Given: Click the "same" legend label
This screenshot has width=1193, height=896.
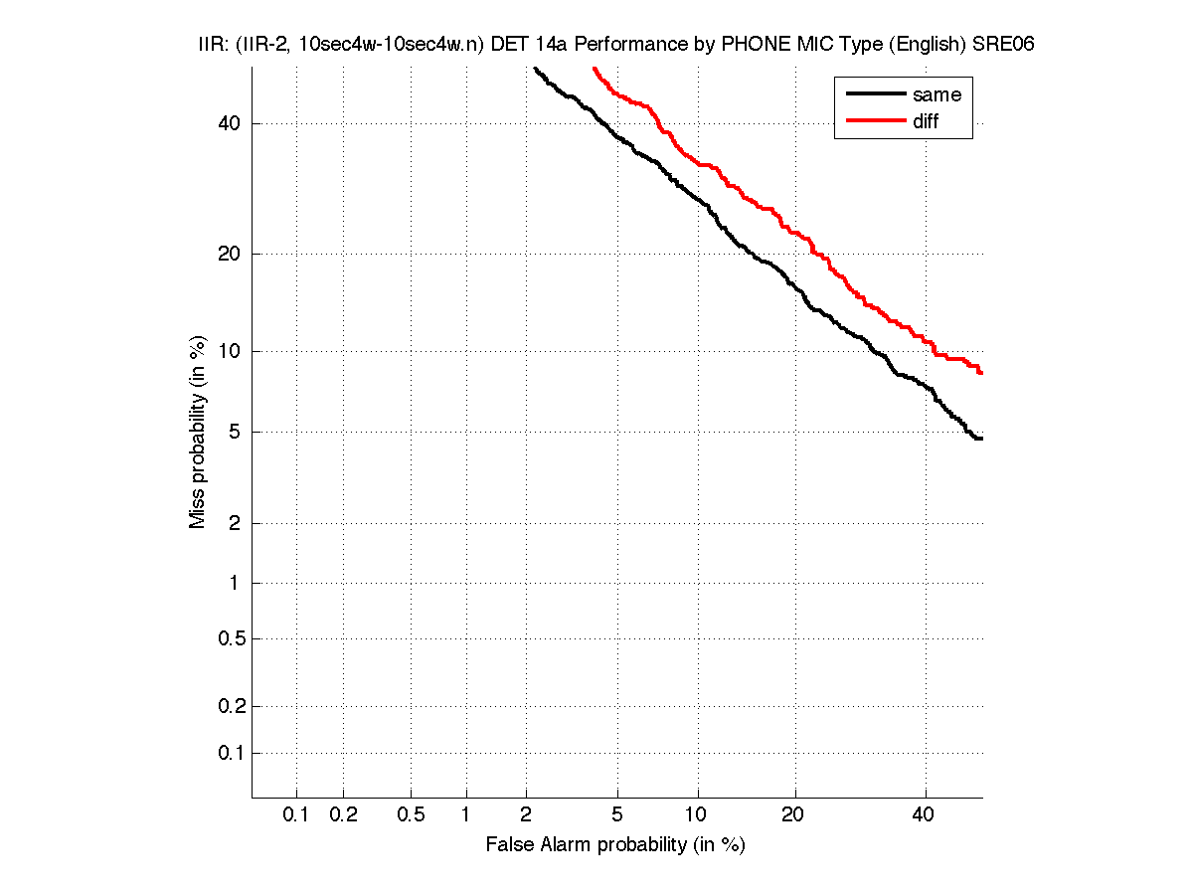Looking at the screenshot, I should coord(937,94).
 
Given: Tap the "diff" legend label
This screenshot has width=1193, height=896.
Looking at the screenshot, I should coord(926,121).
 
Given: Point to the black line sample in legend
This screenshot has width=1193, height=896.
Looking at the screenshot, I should coord(874,94).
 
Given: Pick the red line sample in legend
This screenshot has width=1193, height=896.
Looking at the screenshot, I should coord(874,121).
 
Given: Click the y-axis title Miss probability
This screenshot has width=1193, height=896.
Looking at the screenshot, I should coord(199,431).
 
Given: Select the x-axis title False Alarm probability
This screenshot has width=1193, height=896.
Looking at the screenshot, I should coord(615,845).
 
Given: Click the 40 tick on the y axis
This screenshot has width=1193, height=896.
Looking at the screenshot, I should coord(229,123).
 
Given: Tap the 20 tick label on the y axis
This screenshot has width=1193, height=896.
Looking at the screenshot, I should coord(229,254).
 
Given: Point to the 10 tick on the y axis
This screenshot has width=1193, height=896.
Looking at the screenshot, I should coord(229,351).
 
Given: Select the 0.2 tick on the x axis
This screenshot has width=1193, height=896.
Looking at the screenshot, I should coord(343,815).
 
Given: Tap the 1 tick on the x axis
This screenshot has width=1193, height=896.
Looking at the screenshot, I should coord(465,815).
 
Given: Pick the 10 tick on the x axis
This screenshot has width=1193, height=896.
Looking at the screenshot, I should coord(698,815).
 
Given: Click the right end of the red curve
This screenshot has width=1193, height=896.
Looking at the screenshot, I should coord(981,373).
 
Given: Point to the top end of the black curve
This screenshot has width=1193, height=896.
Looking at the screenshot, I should coord(535,69).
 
